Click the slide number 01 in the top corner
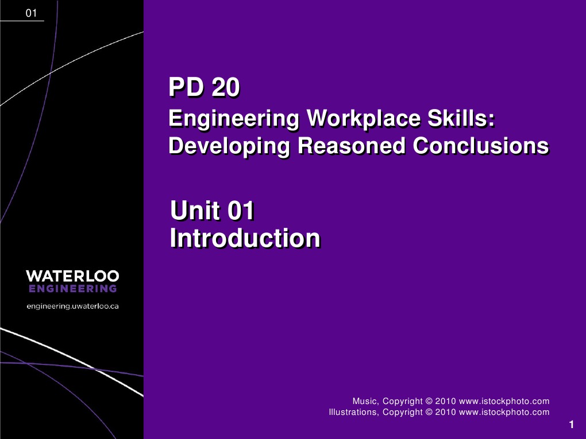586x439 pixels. (32, 13)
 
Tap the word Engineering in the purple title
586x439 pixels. (233, 119)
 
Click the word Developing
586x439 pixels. (229, 146)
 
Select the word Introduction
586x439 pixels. (245, 238)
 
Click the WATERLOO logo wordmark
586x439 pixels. (72, 275)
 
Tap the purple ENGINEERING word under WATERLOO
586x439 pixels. (72, 289)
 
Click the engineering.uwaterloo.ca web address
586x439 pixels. (72, 306)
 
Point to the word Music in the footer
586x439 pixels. (364, 401)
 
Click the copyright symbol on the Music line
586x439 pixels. (429, 401)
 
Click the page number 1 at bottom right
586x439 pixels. (572, 425)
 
